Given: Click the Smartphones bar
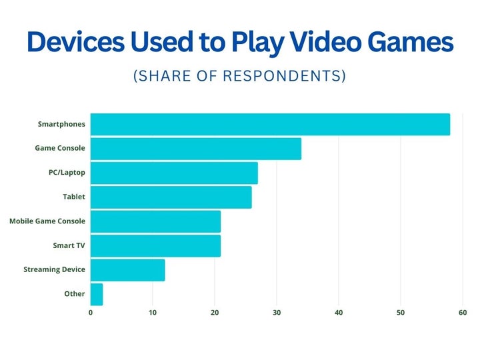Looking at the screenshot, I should (x=270, y=125).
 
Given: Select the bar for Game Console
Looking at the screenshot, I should (x=195, y=149).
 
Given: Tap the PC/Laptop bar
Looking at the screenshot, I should (x=174, y=173).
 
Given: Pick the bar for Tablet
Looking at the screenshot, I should (x=171, y=197).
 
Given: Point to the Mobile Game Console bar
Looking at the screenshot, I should (x=155, y=221).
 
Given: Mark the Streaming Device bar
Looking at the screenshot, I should (x=127, y=270).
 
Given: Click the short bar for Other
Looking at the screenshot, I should (x=97, y=294).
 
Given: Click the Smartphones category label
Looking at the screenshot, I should (x=62, y=125).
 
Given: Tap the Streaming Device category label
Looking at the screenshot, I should (x=54, y=270).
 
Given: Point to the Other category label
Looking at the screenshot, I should (x=75, y=294).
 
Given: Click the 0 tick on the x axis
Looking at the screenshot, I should (x=91, y=312).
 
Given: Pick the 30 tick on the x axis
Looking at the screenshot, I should (x=277, y=312).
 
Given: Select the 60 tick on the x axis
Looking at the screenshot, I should (x=463, y=312).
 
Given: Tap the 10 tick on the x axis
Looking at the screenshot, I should (x=153, y=312).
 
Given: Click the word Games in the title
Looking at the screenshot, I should (x=414, y=43).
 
